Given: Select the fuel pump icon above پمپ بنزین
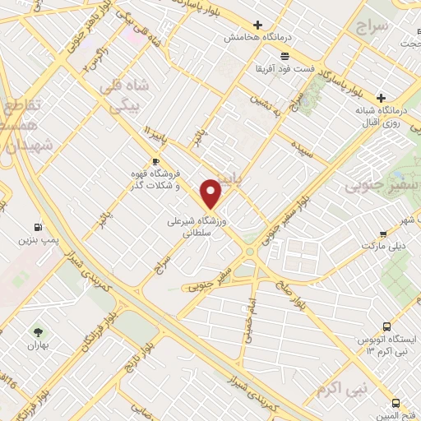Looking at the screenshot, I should coord(38,227).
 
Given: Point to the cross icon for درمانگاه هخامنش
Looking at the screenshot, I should coord(258,25).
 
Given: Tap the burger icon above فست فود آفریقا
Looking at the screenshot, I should coord(285,56).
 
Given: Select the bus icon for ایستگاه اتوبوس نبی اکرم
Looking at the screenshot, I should coord(386,326).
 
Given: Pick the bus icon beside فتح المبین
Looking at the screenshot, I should coord(396,404).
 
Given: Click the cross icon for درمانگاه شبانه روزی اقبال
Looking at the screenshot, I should coord(381,96).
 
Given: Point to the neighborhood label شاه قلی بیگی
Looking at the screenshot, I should coord(121,96).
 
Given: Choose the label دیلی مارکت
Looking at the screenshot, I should coord(381,246).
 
